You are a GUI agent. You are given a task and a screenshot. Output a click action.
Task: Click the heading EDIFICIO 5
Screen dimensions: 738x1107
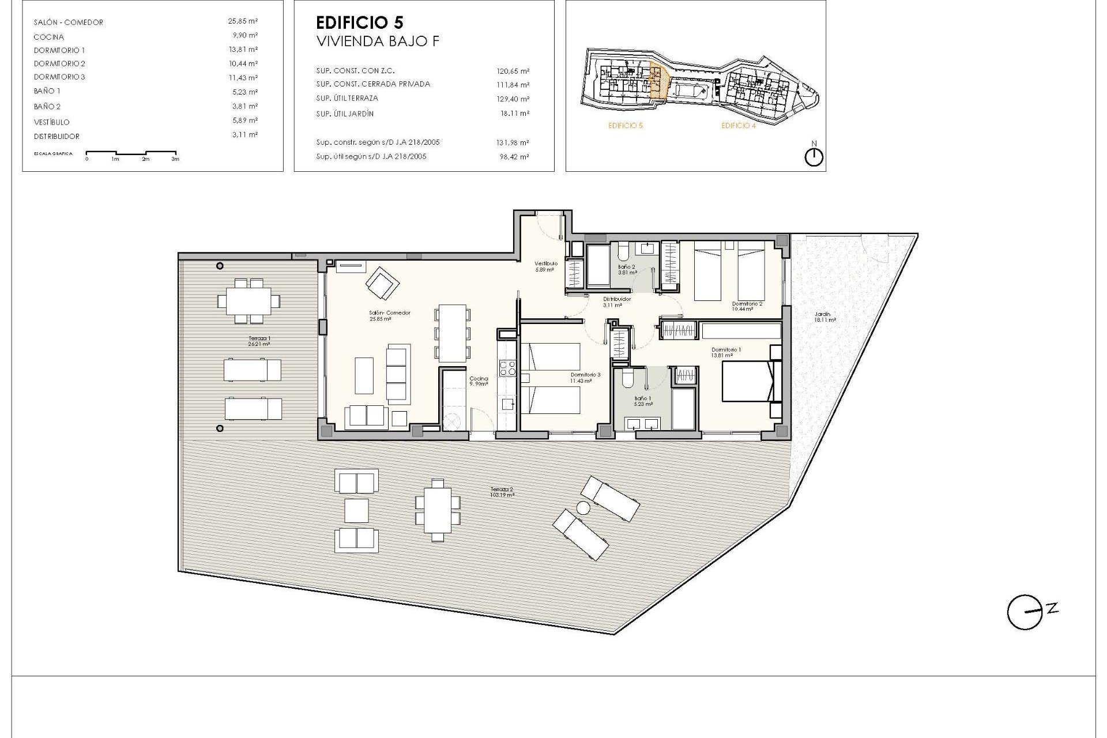pos(360,23)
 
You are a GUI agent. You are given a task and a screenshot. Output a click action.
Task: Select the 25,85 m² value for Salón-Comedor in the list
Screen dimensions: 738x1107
pos(243,21)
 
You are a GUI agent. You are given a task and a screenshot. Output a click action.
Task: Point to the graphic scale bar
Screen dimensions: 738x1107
pos(131,155)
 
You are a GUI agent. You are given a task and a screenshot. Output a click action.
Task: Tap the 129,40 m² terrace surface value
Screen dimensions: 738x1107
pos(513,99)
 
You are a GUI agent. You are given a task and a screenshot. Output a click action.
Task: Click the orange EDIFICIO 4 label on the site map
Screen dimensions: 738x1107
pos(738,126)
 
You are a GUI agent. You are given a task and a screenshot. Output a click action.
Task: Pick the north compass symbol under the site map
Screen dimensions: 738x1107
pos(814,156)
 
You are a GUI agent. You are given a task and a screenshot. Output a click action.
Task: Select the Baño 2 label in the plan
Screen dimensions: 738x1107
pos(627,268)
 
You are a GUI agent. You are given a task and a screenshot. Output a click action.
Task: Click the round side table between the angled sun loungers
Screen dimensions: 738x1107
pos(583,508)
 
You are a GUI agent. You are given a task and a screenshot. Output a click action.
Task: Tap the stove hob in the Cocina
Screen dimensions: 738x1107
pos(507,368)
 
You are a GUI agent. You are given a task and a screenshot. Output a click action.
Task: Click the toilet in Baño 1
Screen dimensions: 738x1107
pos(627,379)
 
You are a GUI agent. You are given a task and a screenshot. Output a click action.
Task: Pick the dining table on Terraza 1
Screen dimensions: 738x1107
pos(248,300)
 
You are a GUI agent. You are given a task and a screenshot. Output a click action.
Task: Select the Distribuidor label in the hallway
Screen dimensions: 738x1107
pos(617,299)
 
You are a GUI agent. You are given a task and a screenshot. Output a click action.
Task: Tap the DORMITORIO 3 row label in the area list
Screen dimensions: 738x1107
pos(59,77)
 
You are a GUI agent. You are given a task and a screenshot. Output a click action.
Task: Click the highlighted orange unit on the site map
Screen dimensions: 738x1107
pos(658,81)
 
